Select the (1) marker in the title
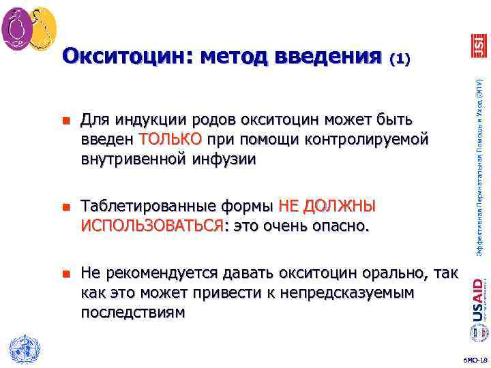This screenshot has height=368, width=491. pyautogui.click(x=399, y=59)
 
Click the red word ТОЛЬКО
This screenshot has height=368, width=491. pyautogui.click(x=170, y=140)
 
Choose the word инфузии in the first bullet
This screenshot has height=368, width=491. pyautogui.click(x=232, y=159)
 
